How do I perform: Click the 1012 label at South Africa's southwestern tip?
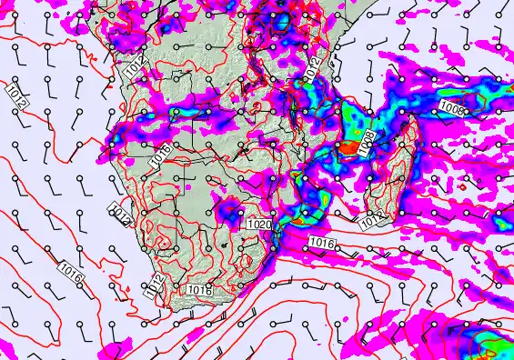pyautogui.click(x=155, y=286)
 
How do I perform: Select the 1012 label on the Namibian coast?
pyautogui.click(x=123, y=216)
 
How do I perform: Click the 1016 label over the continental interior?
pyautogui.click(x=159, y=155)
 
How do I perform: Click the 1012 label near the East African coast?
pyautogui.click(x=312, y=66)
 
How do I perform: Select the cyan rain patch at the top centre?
pyautogui.click(x=286, y=20)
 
